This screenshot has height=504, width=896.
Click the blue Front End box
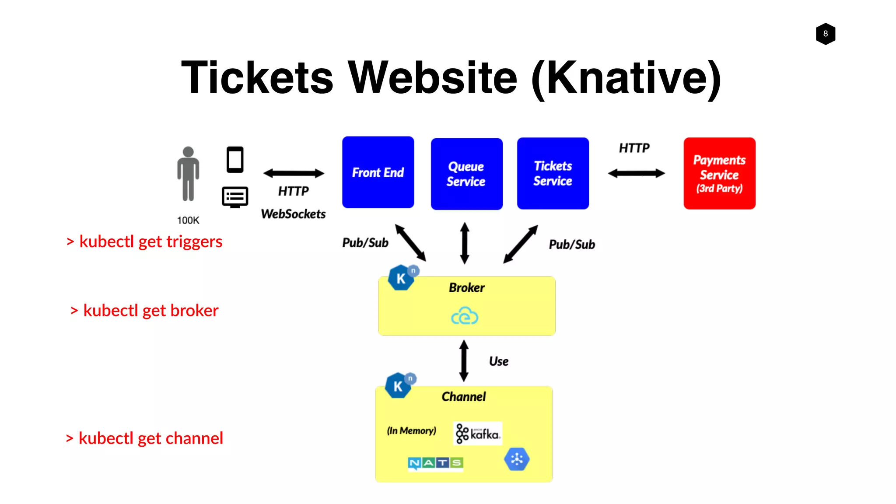click(x=378, y=172)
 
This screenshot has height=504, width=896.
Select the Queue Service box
click(x=466, y=174)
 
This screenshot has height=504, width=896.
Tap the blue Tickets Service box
click(x=553, y=173)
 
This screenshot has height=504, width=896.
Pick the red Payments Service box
click(x=719, y=173)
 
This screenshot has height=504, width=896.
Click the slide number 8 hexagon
click(x=826, y=34)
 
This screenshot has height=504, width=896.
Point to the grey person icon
click(x=188, y=174)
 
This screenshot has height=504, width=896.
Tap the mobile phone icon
click(x=235, y=160)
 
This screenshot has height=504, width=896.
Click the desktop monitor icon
click(x=235, y=197)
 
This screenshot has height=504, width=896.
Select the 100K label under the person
click(x=188, y=220)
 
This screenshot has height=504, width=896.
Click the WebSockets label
click(x=293, y=214)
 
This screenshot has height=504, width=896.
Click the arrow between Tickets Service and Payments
click(x=636, y=173)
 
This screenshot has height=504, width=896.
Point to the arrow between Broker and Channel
click(x=464, y=361)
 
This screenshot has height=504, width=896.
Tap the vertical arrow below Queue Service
click(x=465, y=243)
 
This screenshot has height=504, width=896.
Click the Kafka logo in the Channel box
click(x=477, y=434)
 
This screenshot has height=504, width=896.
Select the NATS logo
click(x=435, y=463)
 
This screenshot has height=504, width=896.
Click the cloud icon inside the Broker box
click(x=465, y=316)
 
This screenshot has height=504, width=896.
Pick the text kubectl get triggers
click(x=150, y=241)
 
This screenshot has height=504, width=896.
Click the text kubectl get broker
click(x=150, y=311)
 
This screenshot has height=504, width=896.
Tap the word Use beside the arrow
click(x=499, y=361)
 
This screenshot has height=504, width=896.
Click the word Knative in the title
click(x=626, y=78)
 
